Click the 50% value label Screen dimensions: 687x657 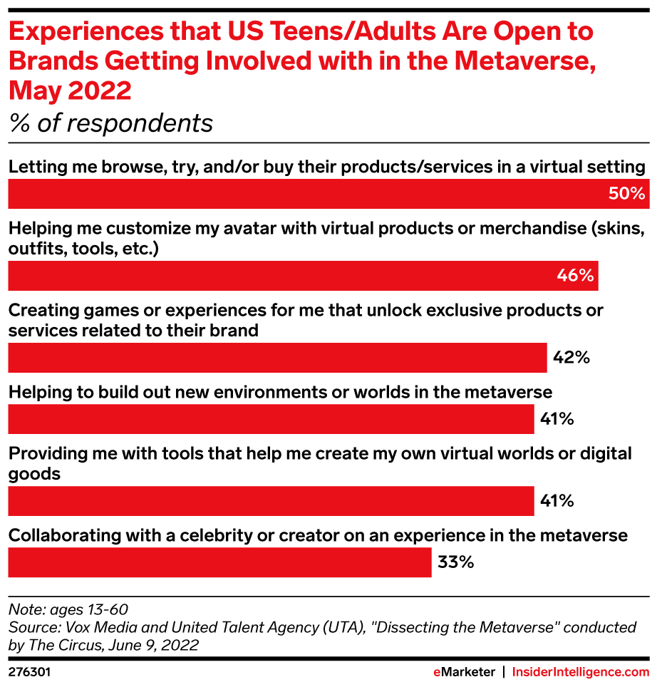pyautogui.click(x=627, y=194)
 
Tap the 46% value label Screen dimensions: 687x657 pyautogui.click(x=576, y=276)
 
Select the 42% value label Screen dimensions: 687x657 pyautogui.click(x=571, y=358)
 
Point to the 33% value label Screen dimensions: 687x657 pyautogui.click(x=455, y=562)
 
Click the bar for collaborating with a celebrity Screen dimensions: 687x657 pyautogui.click(x=219, y=562)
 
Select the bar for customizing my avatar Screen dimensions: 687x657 pyautogui.click(x=303, y=276)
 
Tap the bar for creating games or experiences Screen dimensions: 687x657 pyautogui.click(x=277, y=358)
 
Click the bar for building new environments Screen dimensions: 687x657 pyautogui.click(x=271, y=419)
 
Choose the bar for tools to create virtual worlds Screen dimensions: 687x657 pyautogui.click(x=271, y=501)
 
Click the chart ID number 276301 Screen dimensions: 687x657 pyautogui.click(x=29, y=672)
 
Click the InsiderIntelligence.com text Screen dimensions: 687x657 pyautogui.click(x=581, y=672)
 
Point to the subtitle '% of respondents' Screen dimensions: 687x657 pyautogui.click(x=111, y=123)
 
